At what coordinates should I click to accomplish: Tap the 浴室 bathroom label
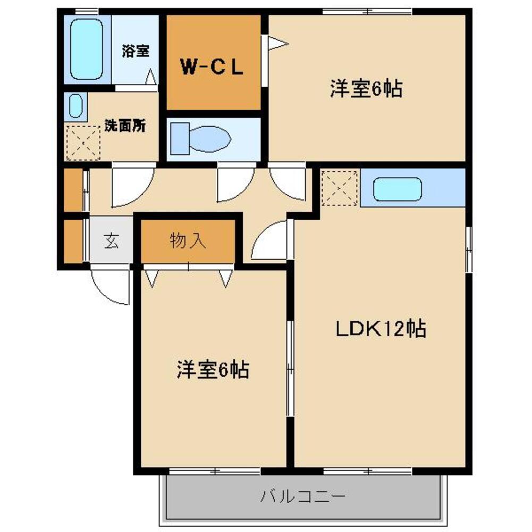click(135, 52)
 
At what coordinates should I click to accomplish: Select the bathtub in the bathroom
click(87, 49)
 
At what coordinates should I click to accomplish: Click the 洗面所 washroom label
click(125, 126)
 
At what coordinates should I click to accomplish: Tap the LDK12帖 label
click(380, 329)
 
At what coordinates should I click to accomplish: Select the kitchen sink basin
click(397, 189)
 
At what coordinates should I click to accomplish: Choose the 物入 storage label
click(188, 242)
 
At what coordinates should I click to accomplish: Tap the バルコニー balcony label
click(303, 497)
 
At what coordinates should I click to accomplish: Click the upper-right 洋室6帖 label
click(366, 89)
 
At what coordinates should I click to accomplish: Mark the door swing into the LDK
click(270, 242)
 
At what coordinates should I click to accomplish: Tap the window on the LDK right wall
click(469, 250)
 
